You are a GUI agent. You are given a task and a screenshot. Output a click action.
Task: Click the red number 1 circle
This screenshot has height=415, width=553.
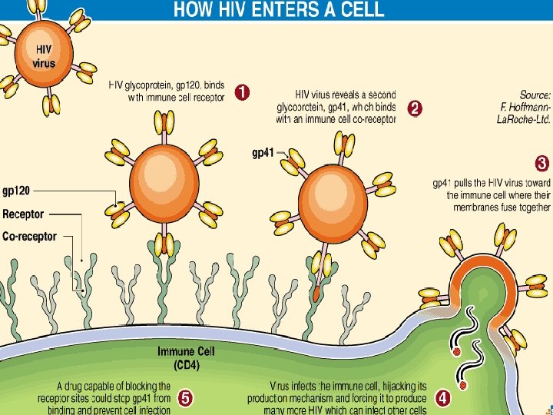(240, 93)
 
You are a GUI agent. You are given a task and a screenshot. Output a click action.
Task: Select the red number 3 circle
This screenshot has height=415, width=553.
(541, 164)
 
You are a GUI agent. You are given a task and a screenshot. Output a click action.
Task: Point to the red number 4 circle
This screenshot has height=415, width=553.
(443, 398)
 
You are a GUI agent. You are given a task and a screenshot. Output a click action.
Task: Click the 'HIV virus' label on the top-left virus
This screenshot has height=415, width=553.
(44, 56)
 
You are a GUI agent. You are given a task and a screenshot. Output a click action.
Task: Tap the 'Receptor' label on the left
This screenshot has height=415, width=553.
(23, 214)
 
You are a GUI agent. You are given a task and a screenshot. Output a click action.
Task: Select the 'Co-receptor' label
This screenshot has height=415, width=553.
(29, 237)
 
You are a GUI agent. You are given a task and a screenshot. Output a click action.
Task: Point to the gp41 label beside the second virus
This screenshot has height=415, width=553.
(263, 152)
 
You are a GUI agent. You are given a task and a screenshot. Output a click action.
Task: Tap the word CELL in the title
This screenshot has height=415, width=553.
(365, 10)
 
